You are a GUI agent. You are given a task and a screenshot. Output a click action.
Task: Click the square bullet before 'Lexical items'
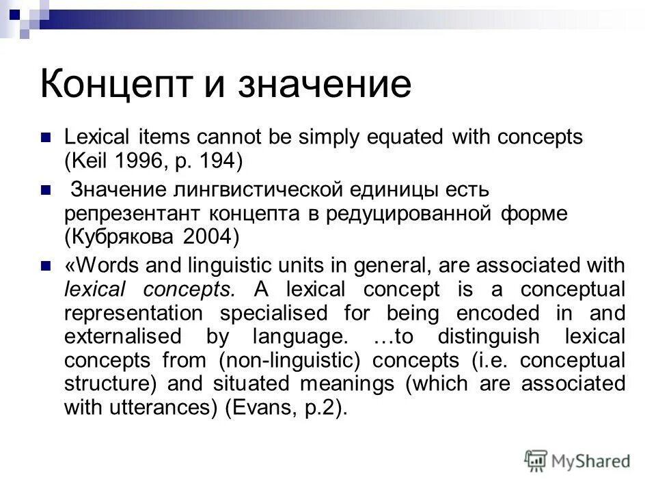[46, 137]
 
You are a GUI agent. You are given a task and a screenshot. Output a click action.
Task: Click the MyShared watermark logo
[577, 461]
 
